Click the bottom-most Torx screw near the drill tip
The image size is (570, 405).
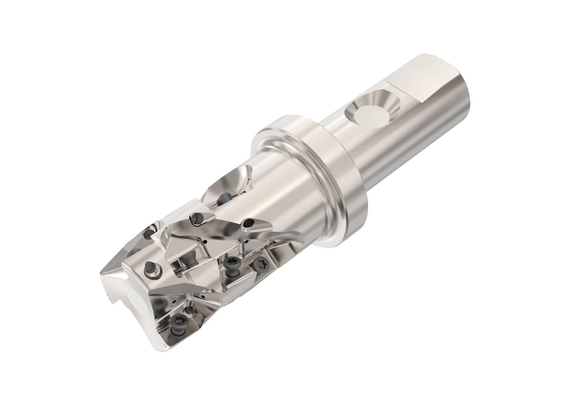(x=177, y=314)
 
